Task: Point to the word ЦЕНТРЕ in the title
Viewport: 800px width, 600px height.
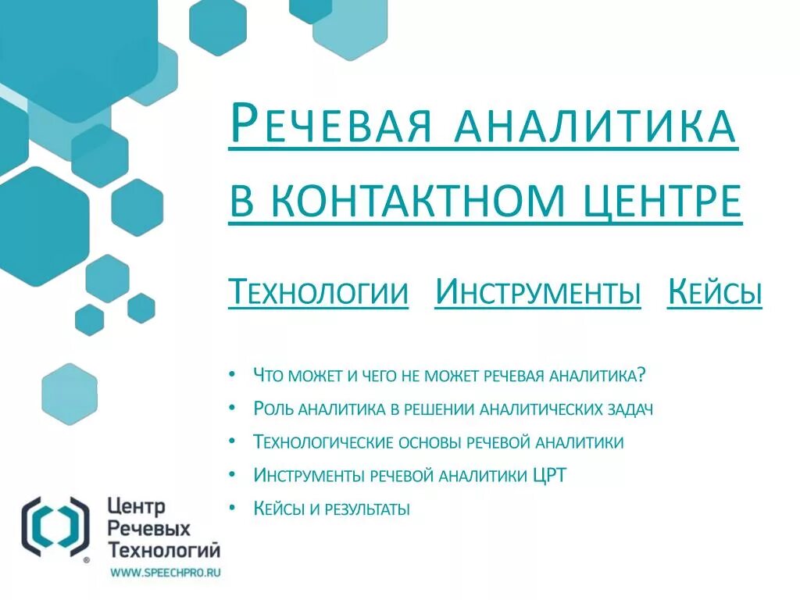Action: (x=663, y=201)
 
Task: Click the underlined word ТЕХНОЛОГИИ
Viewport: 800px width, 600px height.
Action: (x=318, y=293)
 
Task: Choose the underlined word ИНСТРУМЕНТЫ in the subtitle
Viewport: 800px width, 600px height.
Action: (x=537, y=293)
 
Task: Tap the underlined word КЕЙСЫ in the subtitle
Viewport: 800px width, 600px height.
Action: (x=714, y=293)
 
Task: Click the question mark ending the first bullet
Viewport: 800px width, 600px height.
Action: (x=641, y=375)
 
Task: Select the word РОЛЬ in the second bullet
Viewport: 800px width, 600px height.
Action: (x=274, y=409)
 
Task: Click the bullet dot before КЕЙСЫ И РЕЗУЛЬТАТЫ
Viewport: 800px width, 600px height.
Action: (x=233, y=509)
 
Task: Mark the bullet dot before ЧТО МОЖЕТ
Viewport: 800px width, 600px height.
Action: (x=233, y=374)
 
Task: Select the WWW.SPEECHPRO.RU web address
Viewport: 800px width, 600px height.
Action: (x=165, y=573)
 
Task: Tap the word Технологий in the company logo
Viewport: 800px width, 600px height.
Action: (x=164, y=549)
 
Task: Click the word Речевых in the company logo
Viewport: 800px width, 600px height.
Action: (x=148, y=530)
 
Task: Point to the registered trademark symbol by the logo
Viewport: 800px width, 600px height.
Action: (x=86, y=559)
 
